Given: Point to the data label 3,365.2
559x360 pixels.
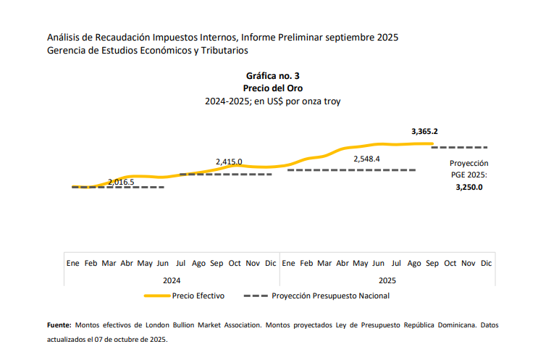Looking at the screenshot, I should coord(424,131).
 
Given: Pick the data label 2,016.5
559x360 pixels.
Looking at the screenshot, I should coord(121,182).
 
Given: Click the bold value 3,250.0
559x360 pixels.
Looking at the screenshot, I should coord(468,186).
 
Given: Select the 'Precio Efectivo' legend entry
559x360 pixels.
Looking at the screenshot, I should coord(198,296).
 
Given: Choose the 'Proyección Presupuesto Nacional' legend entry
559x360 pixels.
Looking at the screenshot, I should coord(330,296).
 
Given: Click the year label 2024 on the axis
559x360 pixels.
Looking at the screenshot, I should coord(172,280).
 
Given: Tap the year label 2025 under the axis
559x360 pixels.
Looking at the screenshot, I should coord(387,280).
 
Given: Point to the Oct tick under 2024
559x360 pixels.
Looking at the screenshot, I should coord(235,264).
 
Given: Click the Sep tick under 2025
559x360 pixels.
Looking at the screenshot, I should coord(432,264).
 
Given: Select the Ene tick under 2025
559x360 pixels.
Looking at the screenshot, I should coord(288,264).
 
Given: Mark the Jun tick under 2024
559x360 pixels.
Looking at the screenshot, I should coord(163,264).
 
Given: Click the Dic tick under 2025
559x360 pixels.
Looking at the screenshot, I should coord(486,264).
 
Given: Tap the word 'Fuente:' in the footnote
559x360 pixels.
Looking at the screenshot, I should coord(59,326).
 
